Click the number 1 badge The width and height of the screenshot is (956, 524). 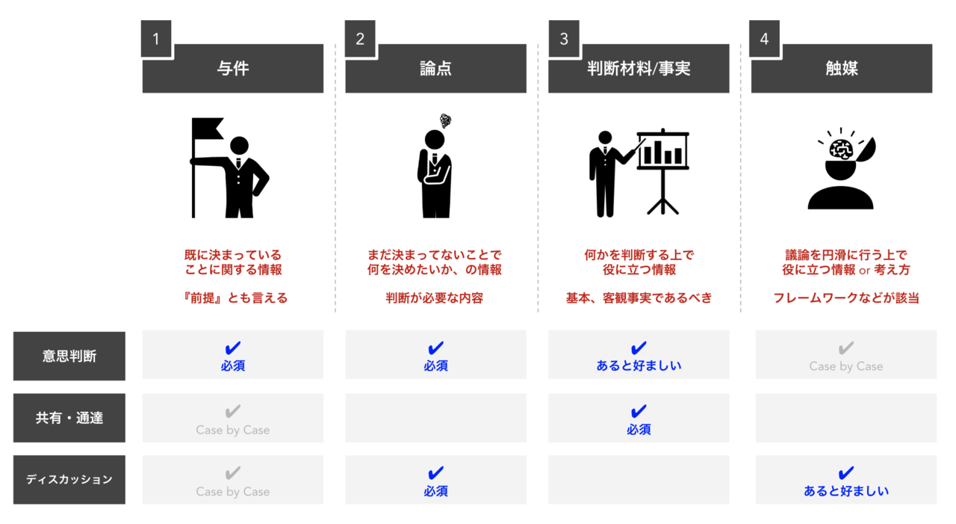(156, 38)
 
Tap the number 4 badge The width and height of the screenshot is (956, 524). (764, 38)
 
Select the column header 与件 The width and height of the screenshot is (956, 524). (233, 68)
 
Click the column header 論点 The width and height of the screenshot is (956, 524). (435, 68)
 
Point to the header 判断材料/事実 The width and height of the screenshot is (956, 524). (639, 68)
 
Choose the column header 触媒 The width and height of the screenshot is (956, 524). (842, 68)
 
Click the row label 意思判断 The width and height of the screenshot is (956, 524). (69, 356)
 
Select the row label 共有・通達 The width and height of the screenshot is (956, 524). (69, 418)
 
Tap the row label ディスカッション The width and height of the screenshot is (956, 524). (69, 480)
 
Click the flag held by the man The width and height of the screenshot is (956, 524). (207, 128)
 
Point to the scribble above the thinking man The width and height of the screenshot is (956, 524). (446, 121)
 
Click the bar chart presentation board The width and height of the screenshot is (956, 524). (662, 171)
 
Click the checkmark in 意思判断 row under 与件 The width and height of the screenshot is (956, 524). (232, 348)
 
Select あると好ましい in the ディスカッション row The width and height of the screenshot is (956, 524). (846, 491)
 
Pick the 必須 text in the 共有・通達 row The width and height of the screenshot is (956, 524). (639, 429)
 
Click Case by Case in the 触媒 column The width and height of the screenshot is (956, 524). (846, 366)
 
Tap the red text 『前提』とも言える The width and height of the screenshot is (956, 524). (234, 298)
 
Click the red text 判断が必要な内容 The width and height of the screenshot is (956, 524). (435, 298)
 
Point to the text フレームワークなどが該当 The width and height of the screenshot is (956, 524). (846, 298)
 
